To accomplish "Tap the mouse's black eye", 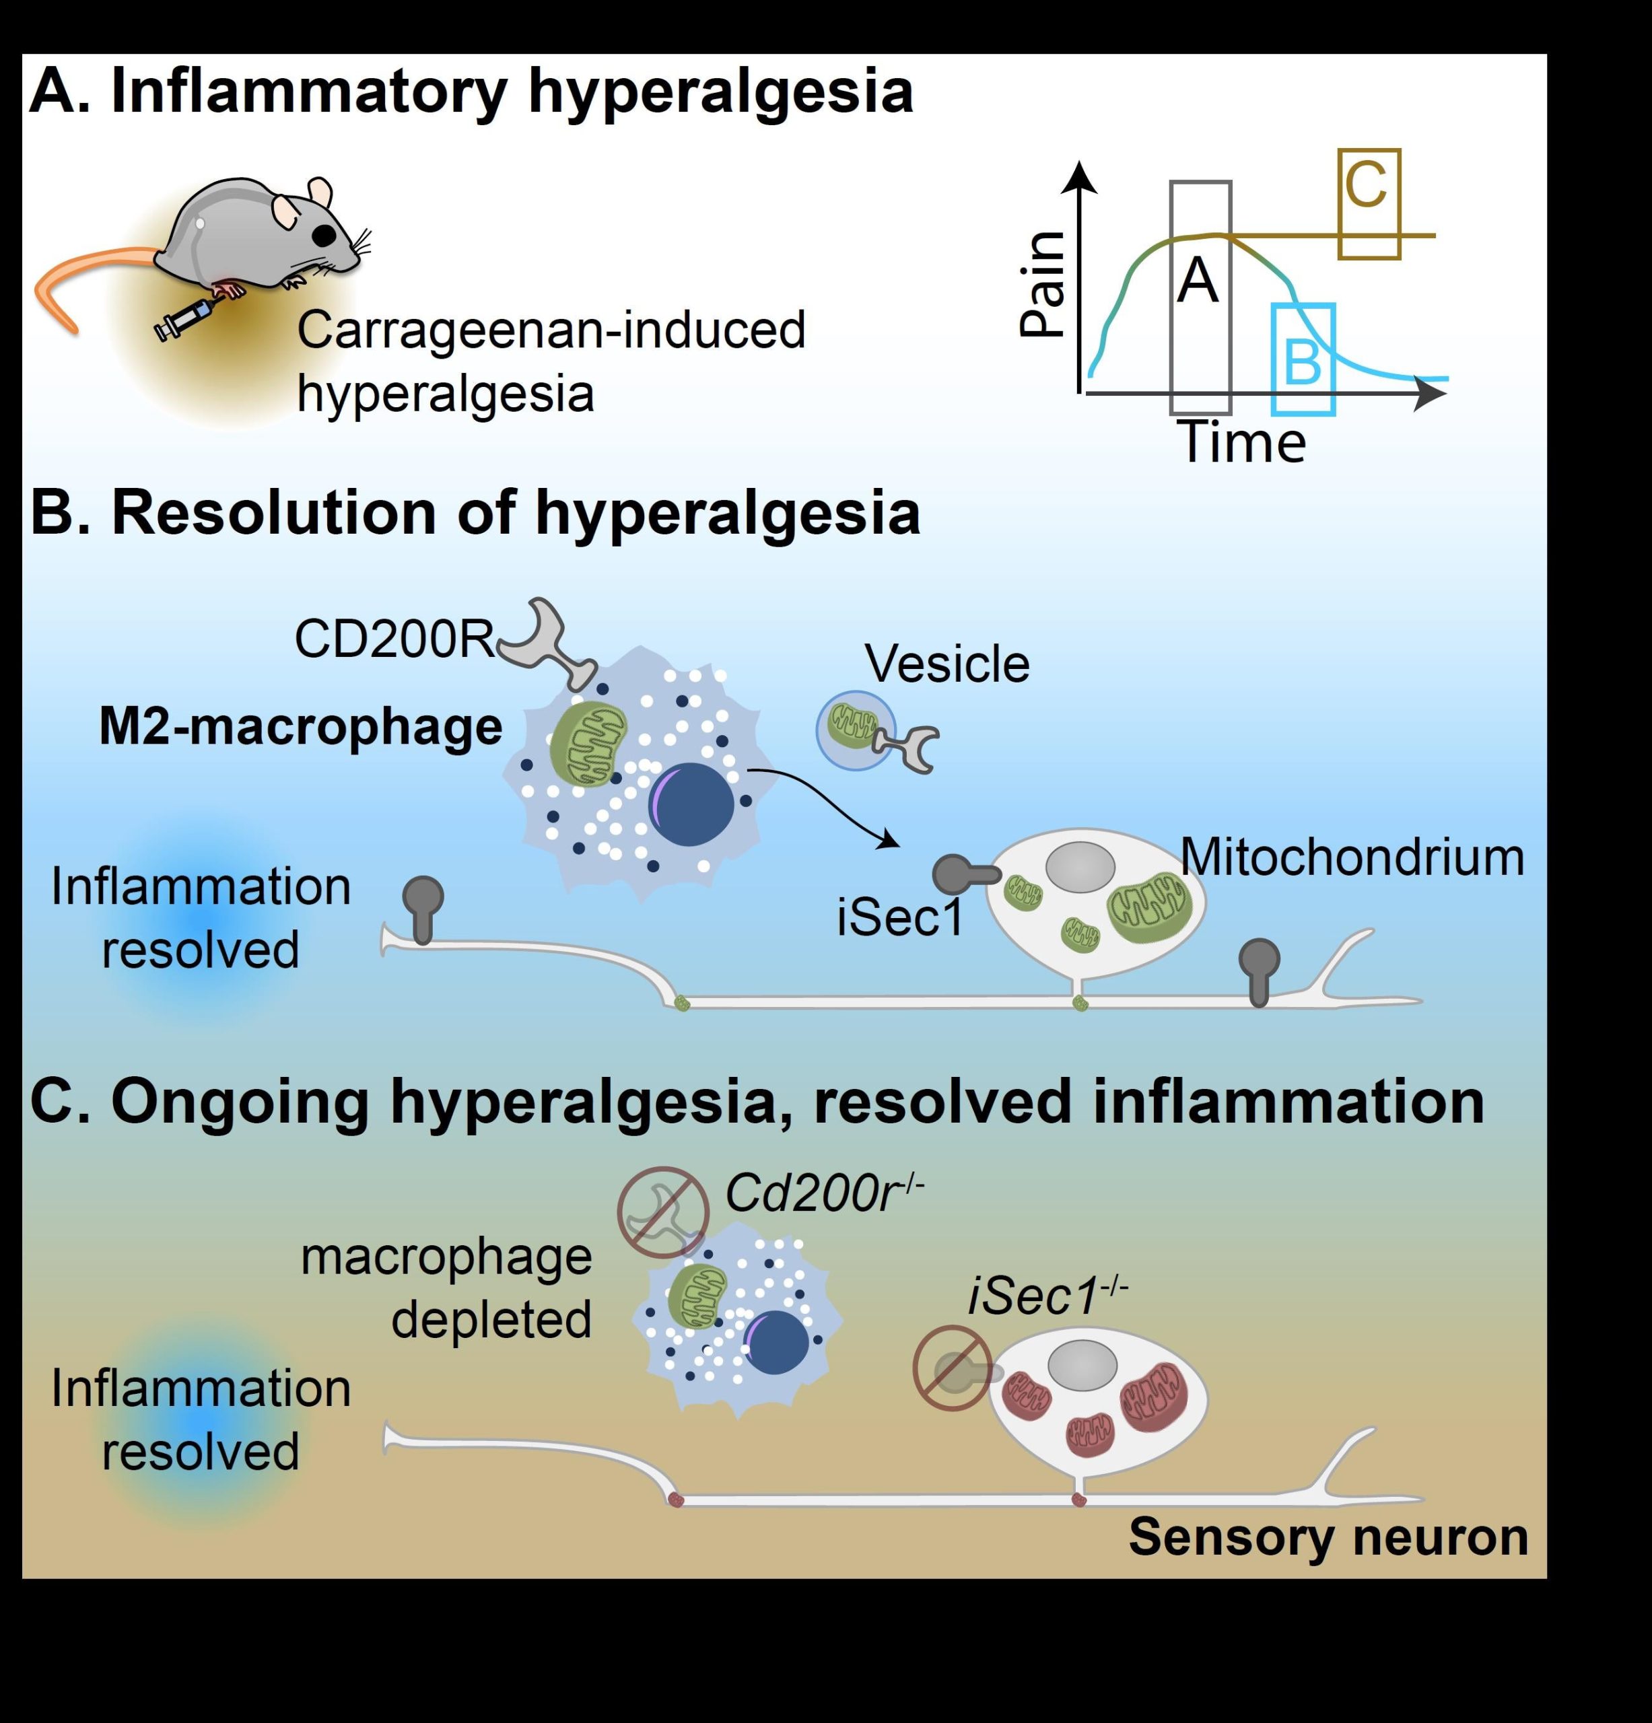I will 324,236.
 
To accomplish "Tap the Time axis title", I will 1241,442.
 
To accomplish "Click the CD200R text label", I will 394,639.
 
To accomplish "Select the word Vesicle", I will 947,664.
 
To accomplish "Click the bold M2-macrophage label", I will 301,727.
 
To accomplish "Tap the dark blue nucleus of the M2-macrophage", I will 691,804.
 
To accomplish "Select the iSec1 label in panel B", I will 900,917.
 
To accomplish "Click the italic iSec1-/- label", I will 1047,1297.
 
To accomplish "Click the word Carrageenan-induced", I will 551,330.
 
